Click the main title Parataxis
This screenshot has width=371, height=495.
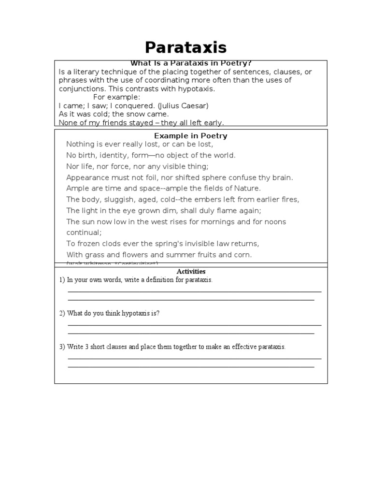pos(186,48)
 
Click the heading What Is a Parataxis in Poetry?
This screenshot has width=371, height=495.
pos(191,63)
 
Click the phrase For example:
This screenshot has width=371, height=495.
pos(116,97)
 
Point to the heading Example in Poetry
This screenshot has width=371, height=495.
pos(191,136)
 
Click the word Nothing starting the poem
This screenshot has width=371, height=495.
pos(80,144)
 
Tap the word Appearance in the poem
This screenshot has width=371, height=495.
pos(87,177)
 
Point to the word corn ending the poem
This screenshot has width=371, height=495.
pos(243,255)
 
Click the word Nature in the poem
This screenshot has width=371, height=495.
pos(246,189)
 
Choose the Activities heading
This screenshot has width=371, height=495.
pos(191,272)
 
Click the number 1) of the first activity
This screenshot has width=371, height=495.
pos(62,280)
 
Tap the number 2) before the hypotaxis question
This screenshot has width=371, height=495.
pos(62,313)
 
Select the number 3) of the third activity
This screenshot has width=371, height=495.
pos(62,347)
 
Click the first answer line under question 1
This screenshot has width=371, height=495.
pos(194,291)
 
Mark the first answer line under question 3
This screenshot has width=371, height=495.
pos(194,359)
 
